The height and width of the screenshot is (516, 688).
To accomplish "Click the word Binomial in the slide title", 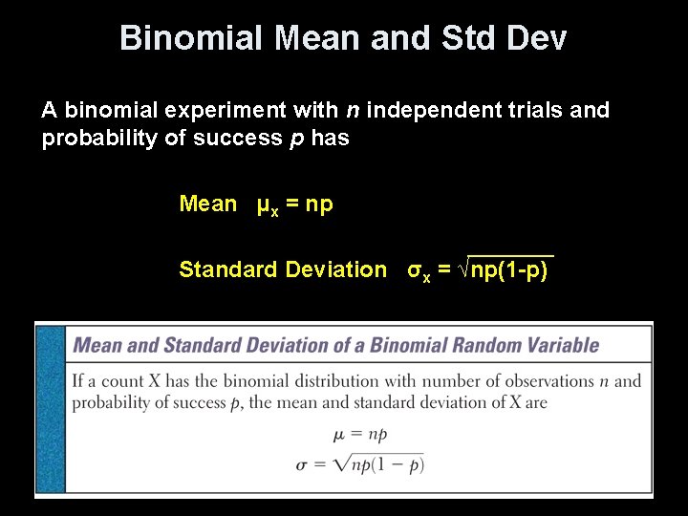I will (190, 38).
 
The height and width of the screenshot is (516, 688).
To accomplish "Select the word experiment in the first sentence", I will (200, 111).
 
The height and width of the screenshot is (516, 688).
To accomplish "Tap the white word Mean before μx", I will (207, 204).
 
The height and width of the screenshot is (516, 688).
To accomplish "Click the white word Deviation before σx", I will (335, 269).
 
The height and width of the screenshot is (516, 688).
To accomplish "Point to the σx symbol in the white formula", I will (419, 271).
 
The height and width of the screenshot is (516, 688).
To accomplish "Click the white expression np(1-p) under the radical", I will (510, 269).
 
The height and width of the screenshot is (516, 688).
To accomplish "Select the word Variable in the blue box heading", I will (559, 345).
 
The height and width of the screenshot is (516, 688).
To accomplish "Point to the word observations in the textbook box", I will (537, 381).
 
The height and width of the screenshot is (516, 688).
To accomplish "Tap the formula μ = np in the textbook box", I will (360, 435).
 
